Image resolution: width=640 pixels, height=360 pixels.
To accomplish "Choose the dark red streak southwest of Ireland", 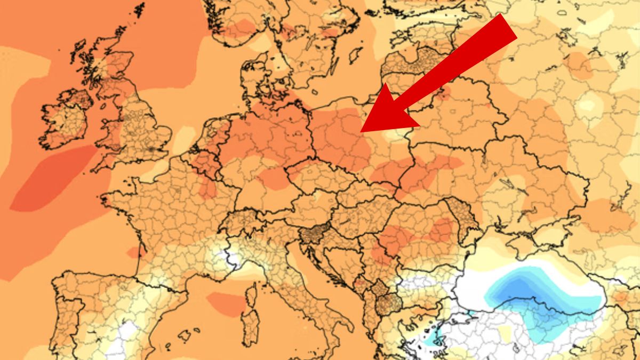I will point(51,179).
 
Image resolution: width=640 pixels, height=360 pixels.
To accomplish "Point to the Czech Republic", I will point(315,173).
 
